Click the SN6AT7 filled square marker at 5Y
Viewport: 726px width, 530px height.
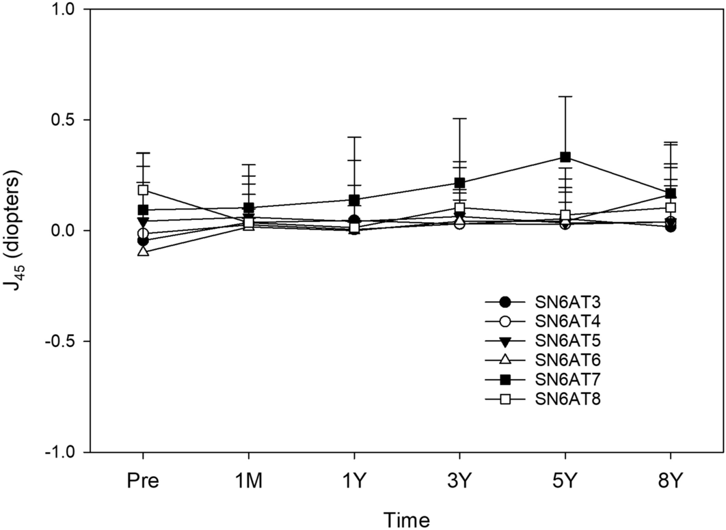pos(565,157)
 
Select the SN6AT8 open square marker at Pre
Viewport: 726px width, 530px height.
pos(143,190)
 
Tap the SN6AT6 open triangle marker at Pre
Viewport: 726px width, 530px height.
pos(143,251)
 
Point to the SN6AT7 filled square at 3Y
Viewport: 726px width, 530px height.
pos(460,183)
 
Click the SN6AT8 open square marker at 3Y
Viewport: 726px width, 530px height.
pos(460,208)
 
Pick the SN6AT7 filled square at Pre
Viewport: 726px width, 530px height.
pos(143,210)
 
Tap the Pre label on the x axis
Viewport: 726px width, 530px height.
pos(143,481)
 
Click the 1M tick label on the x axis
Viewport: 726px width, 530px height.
pos(249,481)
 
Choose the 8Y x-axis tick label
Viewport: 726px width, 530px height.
pos(670,481)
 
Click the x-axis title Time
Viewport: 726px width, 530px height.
pos(406,520)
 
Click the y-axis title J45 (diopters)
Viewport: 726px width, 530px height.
pos(15,230)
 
